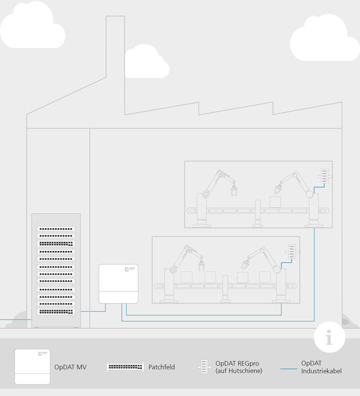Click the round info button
(x=329, y=337)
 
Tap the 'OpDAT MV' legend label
(x=70, y=367)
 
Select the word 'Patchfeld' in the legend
(x=161, y=367)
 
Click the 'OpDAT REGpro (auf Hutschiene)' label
(x=239, y=367)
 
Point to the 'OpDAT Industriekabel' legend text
(x=321, y=367)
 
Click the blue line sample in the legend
(x=288, y=369)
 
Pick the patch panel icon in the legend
(x=126, y=367)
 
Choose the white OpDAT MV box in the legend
(x=33, y=367)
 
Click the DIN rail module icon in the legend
(x=204, y=367)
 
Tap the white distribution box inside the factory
(x=118, y=284)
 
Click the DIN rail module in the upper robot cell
(x=325, y=176)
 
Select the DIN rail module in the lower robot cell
(x=292, y=251)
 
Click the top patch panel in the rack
(x=56, y=229)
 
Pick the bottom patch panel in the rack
(x=56, y=311)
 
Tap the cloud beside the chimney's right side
(x=146, y=62)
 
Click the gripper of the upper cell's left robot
(x=234, y=190)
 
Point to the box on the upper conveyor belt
(x=275, y=202)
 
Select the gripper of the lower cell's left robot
(x=201, y=266)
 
